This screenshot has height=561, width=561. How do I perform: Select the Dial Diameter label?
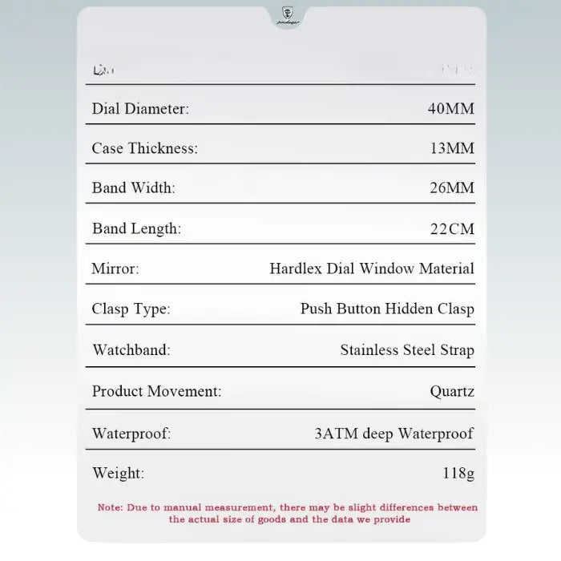tap(140, 109)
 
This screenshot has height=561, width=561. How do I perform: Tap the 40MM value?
tap(451, 109)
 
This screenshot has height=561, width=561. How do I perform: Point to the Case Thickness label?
tap(144, 148)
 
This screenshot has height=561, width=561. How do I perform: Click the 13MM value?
tap(451, 148)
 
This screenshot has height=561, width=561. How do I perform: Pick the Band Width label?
tap(133, 188)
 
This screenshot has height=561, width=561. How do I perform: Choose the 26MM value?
tap(451, 188)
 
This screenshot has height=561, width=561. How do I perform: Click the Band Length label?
tap(136, 229)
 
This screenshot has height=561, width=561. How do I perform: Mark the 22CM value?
tap(452, 229)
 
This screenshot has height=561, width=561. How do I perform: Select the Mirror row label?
tap(115, 269)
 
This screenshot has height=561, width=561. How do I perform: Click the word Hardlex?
tap(296, 269)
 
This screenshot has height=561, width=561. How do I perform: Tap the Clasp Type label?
tap(131, 309)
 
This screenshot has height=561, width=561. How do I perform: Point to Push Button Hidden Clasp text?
tap(387, 309)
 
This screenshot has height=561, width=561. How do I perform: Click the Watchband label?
tap(131, 350)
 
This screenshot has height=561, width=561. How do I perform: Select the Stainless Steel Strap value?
tap(407, 350)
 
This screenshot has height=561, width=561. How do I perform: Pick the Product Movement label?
tap(156, 391)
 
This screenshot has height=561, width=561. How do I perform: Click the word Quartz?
tap(452, 392)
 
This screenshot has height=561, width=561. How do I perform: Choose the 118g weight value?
tap(458, 474)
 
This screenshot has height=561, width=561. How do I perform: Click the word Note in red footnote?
tap(109, 507)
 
